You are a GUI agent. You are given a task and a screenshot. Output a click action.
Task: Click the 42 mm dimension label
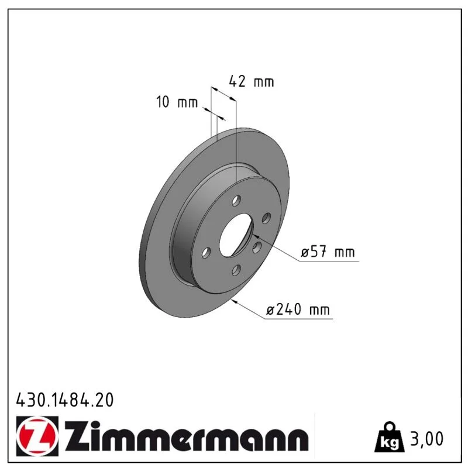(252, 81)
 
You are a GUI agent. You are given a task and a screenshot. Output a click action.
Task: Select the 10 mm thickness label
(177, 102)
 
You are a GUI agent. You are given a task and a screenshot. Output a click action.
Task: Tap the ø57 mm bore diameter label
(328, 252)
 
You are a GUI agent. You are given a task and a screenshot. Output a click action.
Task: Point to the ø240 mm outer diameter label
(298, 309)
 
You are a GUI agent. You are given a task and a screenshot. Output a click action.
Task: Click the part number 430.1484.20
(65, 400)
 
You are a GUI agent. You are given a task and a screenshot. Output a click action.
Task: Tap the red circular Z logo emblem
(37, 436)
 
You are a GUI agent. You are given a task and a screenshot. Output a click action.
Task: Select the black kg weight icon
(389, 437)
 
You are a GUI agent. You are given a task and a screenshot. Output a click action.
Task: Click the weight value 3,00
(427, 439)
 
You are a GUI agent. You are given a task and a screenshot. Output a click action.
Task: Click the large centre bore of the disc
(236, 235)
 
